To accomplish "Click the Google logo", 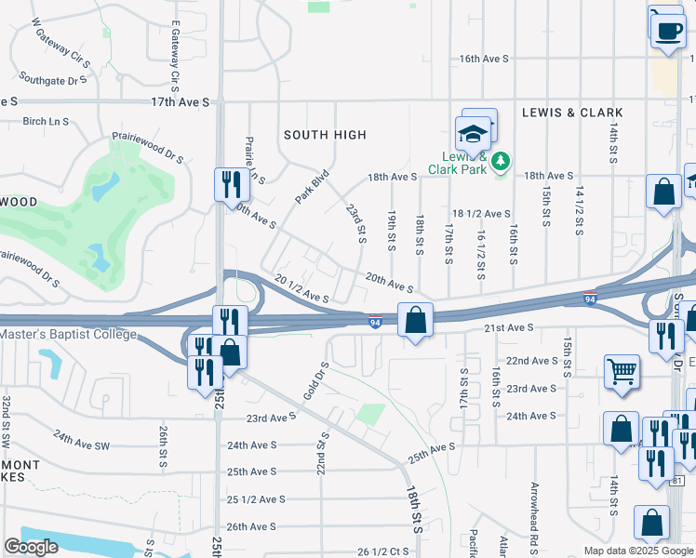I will coord(31,547).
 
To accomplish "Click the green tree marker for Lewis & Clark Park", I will coord(501,161).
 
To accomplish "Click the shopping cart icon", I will coord(621,372).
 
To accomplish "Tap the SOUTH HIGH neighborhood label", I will coord(325,135).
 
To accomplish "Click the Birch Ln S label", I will coord(47,121).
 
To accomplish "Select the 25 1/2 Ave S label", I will coord(256,499).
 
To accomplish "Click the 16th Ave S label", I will coord(484,59).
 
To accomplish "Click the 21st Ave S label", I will coord(508,327).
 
